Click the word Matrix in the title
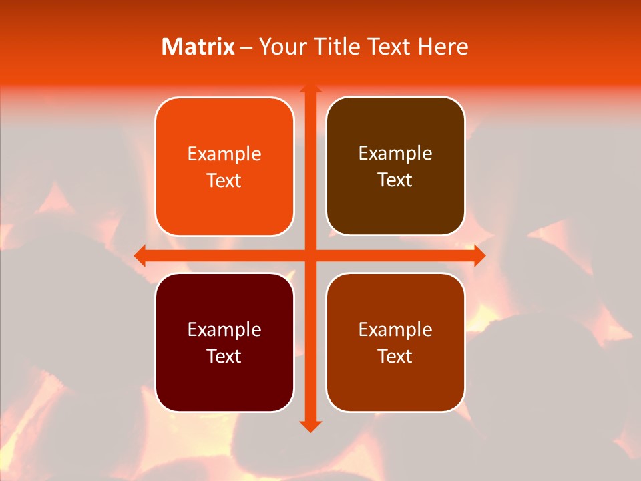[198, 47]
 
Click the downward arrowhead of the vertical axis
[310, 426]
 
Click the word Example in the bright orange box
[224, 154]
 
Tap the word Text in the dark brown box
[395, 180]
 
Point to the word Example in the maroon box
[224, 330]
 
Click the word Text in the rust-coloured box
[395, 356]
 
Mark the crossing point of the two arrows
[310, 255]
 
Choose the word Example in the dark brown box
[395, 154]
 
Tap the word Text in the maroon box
[224, 356]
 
